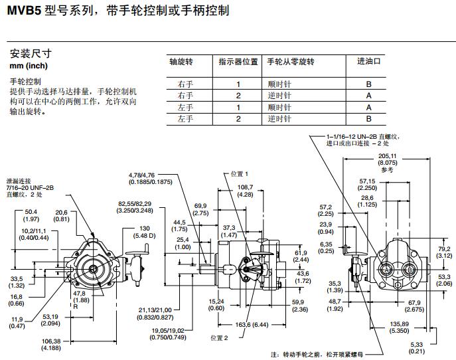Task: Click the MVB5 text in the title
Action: tap(25, 11)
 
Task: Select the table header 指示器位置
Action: tap(238, 61)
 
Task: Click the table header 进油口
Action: tap(368, 61)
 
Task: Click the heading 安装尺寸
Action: tap(31, 53)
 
